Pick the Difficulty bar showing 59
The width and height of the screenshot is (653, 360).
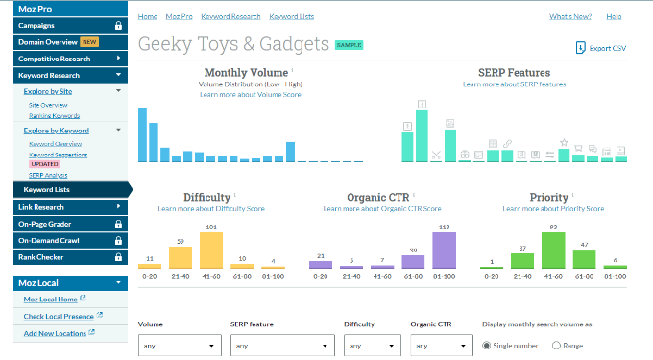pos(181,257)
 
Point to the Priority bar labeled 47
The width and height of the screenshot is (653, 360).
pos(584,260)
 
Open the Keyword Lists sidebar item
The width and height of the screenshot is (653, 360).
pos(47,189)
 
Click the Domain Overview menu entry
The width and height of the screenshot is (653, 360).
pos(51,42)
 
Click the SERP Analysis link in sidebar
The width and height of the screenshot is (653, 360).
pos(48,175)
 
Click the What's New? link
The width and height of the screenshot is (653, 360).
pos(569,16)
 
